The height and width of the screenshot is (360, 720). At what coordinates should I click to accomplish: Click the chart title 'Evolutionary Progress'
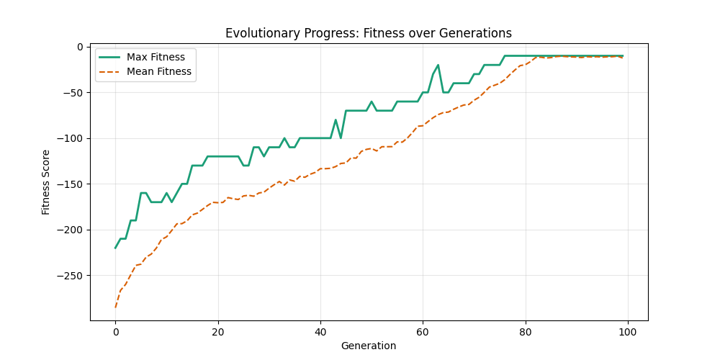click(x=369, y=33)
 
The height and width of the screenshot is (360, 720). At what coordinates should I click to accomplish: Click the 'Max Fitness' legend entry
click(x=156, y=57)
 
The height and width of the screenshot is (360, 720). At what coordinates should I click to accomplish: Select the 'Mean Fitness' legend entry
click(x=158, y=72)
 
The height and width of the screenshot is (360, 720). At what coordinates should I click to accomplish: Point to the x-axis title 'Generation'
click(x=369, y=346)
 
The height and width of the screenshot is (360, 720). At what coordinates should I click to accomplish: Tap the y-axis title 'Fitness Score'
click(x=46, y=182)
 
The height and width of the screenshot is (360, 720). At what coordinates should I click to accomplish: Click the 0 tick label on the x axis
click(x=115, y=332)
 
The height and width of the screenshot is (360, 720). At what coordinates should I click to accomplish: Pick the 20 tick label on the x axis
click(x=217, y=332)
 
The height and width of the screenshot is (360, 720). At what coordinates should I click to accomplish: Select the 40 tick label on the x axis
click(x=320, y=332)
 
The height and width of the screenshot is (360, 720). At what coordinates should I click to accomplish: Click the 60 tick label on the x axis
click(x=423, y=332)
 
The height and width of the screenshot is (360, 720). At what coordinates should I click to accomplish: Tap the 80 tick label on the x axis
click(x=526, y=332)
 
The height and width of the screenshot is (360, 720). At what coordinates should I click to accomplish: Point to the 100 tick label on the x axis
click(x=628, y=332)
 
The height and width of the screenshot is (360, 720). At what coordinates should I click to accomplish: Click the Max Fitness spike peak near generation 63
click(x=438, y=65)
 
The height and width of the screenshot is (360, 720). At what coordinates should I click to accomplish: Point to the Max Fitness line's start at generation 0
click(x=115, y=248)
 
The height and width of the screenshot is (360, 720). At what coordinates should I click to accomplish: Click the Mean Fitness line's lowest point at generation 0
click(x=115, y=307)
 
